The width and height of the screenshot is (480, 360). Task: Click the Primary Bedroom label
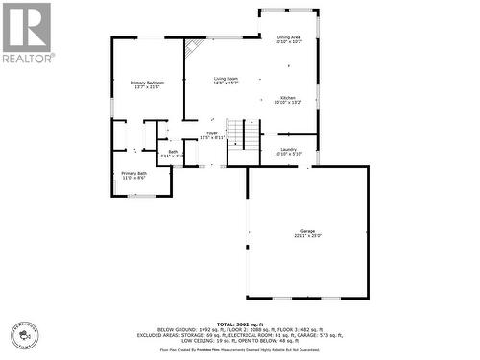(x=147, y=83)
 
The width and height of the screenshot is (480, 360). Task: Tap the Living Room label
(x=227, y=79)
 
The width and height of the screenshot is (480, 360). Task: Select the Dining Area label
(x=289, y=37)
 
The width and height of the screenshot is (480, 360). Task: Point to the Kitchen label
(x=288, y=98)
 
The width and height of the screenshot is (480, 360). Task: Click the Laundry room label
(x=288, y=149)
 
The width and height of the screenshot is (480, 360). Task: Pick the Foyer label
(x=212, y=133)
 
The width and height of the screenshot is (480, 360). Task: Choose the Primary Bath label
(x=133, y=173)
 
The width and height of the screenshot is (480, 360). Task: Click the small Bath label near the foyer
(x=174, y=151)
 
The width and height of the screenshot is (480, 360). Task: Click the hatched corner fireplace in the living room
(x=194, y=46)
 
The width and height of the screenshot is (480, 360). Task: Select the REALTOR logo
(x=27, y=33)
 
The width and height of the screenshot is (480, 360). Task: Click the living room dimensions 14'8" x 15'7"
(x=227, y=84)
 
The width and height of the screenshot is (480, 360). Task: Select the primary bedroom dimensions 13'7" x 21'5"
(x=147, y=87)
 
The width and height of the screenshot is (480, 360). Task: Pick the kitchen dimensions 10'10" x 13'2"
(x=288, y=103)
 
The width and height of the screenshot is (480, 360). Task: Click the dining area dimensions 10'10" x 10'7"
(x=289, y=42)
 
